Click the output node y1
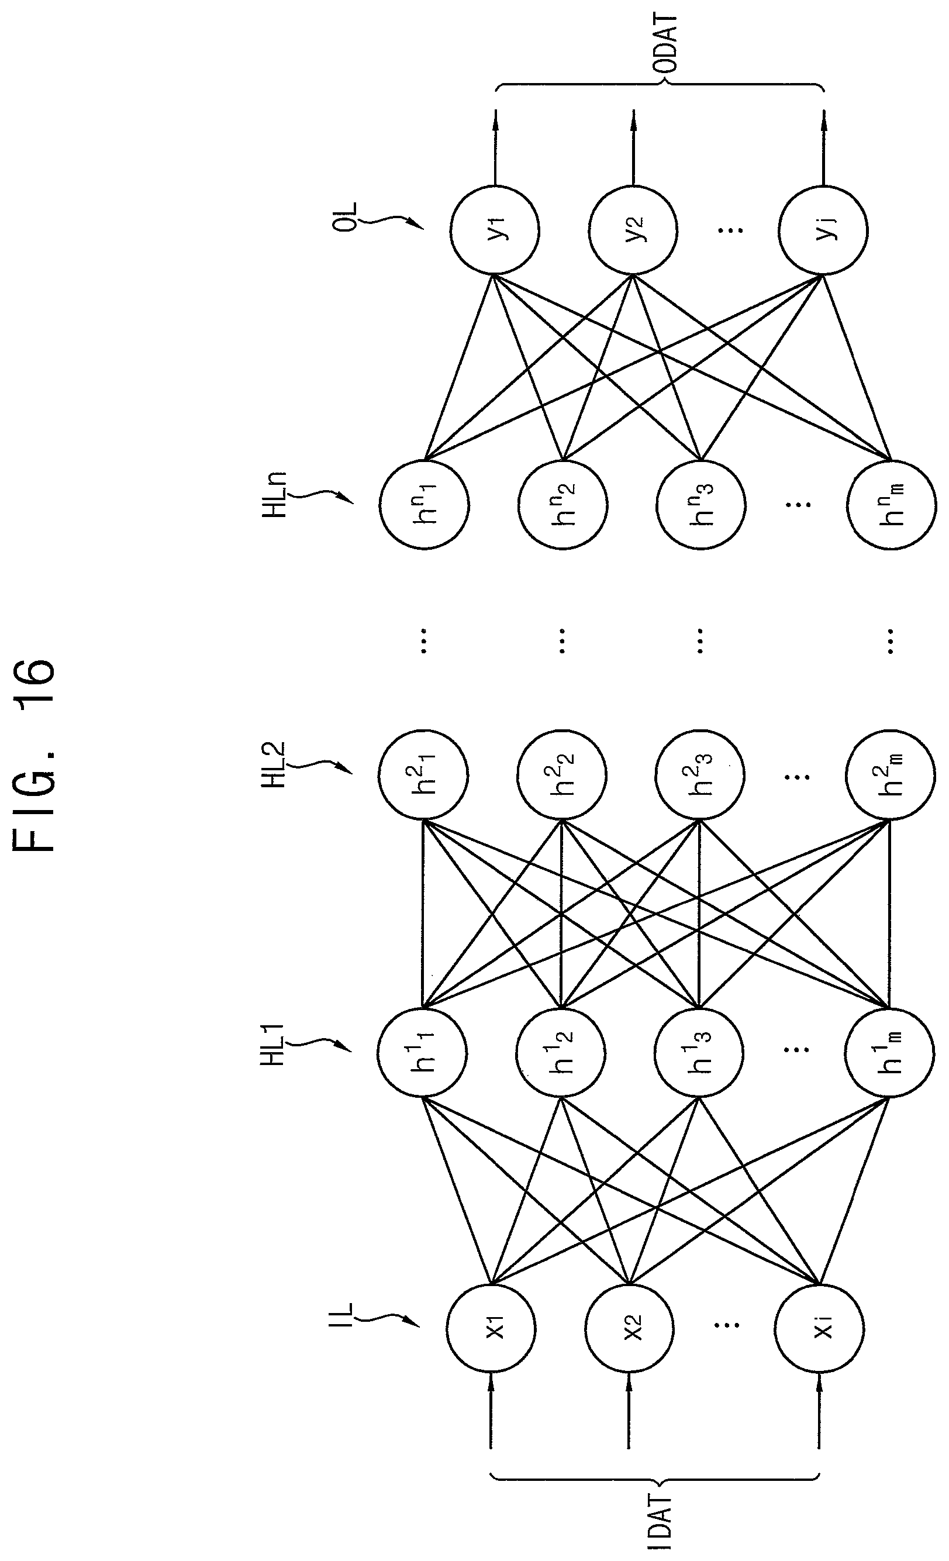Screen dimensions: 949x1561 [x=495, y=230]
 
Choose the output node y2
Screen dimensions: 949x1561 [x=633, y=230]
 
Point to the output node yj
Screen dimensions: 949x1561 [x=823, y=230]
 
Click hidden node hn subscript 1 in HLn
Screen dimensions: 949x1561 [x=424, y=504]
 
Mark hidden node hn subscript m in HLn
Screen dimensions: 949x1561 [x=891, y=504]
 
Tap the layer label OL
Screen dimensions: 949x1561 [x=347, y=218]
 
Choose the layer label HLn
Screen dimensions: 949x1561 [x=274, y=494]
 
